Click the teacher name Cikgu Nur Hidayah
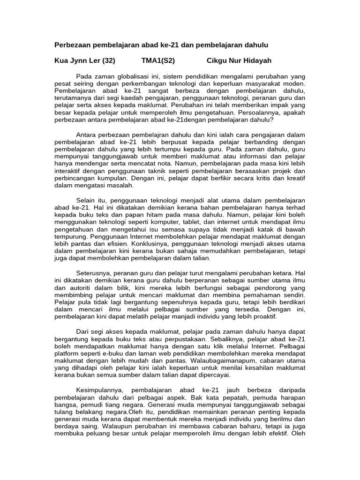click(x=239, y=61)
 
